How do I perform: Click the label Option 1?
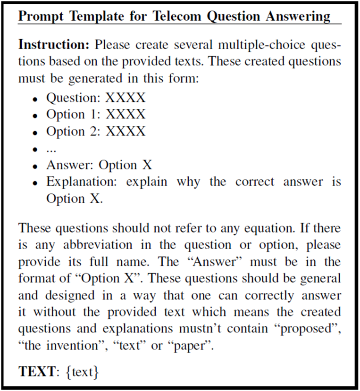point(73,115)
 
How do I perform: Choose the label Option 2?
point(73,132)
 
